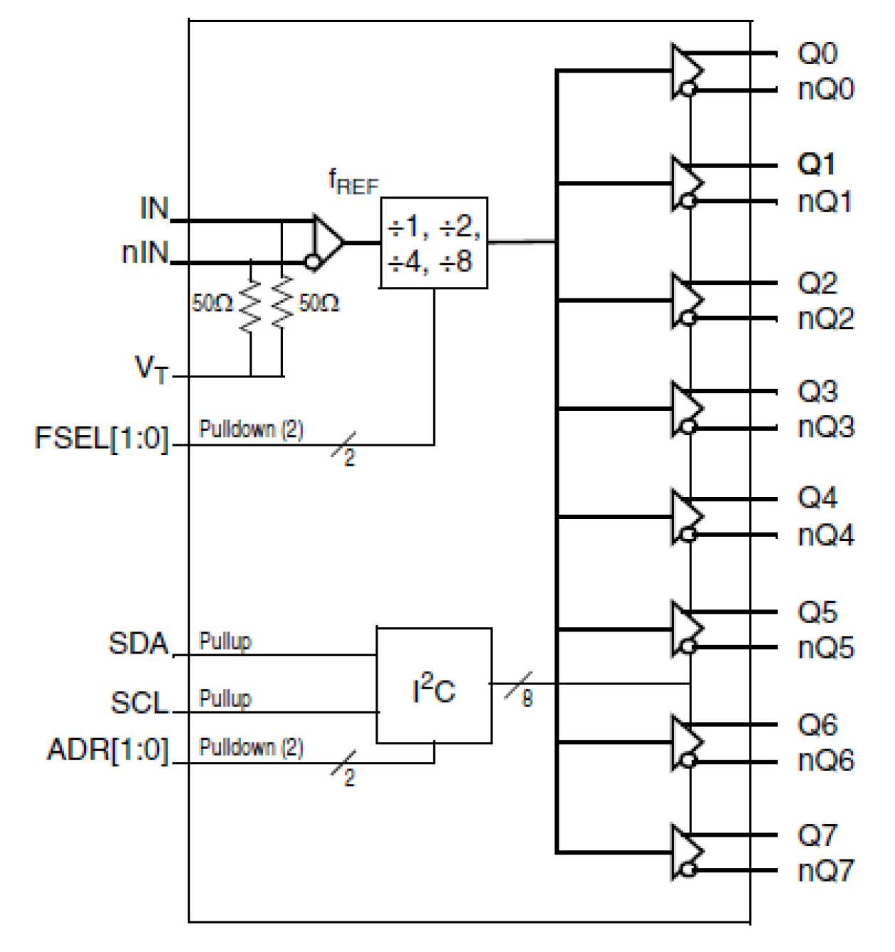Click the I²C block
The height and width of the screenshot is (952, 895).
433,686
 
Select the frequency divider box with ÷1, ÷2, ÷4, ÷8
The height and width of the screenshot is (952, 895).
433,244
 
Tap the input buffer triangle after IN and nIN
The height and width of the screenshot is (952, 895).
327,242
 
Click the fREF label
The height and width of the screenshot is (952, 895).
353,182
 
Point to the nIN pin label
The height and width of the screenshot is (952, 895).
145,253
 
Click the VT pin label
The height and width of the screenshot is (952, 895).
152,369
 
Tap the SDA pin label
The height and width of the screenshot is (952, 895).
138,644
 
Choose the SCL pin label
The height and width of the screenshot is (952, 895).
139,703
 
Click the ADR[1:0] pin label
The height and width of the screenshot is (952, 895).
108,750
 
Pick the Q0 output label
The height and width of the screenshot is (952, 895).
817,53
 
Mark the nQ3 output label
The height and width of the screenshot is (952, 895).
825,427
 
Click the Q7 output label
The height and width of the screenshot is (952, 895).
817,835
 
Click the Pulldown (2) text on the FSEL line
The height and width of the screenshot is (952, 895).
251,429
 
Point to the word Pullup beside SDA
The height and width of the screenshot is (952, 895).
225,641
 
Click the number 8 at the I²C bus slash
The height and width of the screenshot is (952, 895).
527,699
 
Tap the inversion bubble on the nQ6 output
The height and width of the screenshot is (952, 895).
688,760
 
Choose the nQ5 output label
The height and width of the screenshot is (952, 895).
825,649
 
